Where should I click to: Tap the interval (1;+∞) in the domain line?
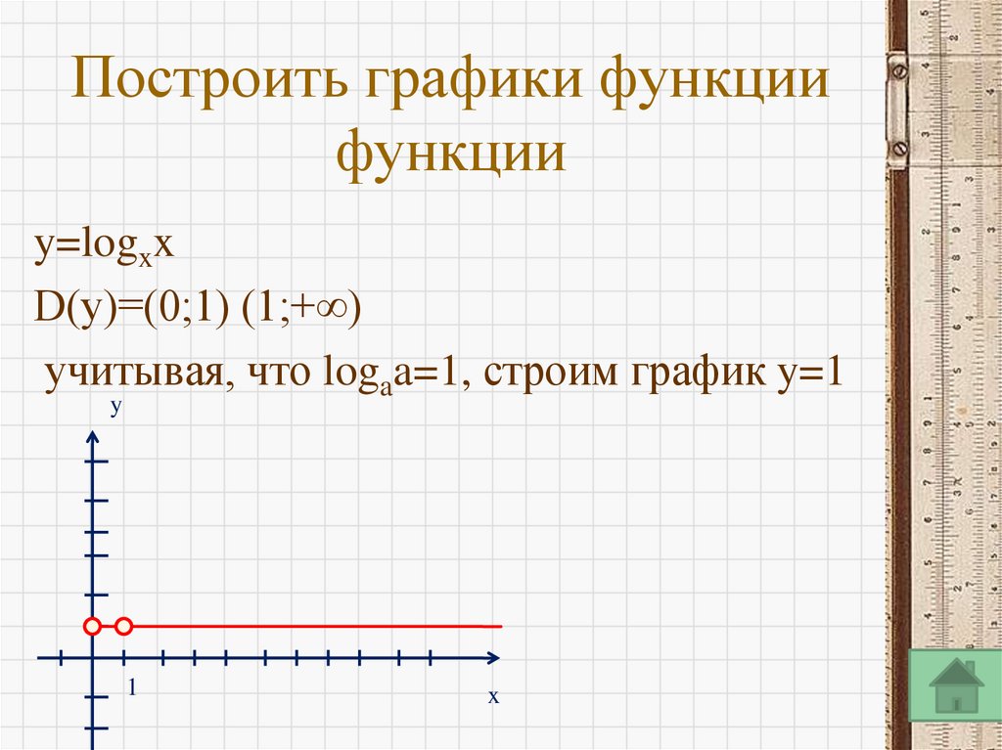click(x=302, y=310)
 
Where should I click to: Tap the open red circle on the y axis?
click(x=92, y=626)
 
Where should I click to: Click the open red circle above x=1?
click(x=124, y=626)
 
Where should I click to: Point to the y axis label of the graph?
click(x=114, y=407)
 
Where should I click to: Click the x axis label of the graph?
click(x=494, y=697)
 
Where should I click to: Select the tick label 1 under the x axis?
click(x=131, y=690)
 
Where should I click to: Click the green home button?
click(x=955, y=685)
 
